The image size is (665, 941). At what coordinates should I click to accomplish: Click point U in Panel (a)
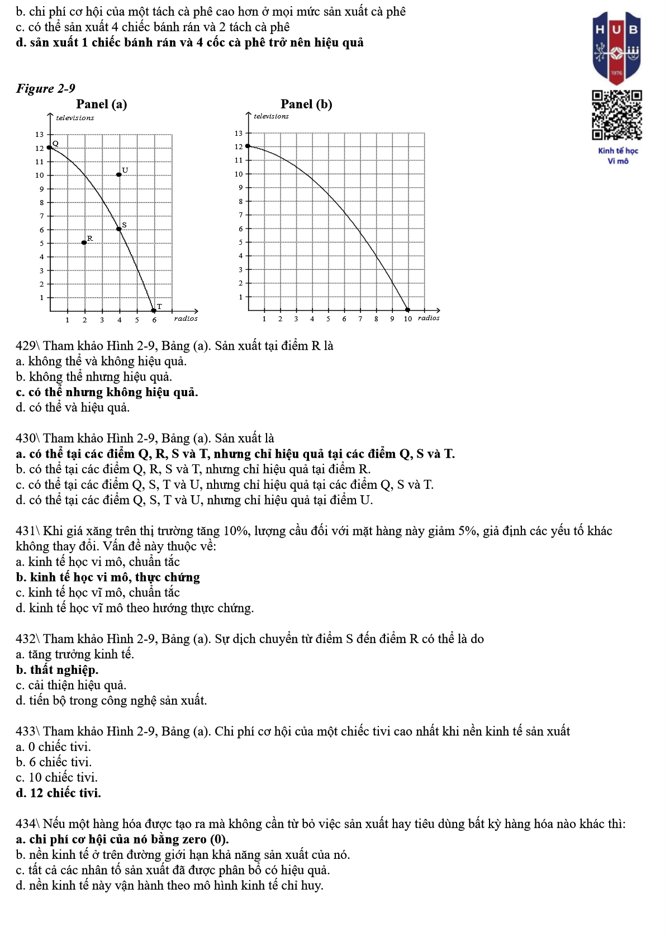(119, 175)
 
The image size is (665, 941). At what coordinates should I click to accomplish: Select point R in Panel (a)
(84, 243)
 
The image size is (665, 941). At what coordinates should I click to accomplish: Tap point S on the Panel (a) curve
(119, 229)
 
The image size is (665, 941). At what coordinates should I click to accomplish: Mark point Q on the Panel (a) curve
(50, 148)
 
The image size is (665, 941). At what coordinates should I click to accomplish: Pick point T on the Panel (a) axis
(154, 311)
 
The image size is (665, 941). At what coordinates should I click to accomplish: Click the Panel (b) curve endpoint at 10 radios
(407, 310)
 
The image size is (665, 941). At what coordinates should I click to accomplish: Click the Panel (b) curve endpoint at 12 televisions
(248, 146)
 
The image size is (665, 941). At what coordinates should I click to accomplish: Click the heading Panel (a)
(101, 104)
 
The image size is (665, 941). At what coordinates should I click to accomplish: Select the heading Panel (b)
(306, 104)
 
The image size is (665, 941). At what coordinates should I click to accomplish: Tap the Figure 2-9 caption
(45, 88)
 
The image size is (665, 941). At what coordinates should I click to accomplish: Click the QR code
(617, 115)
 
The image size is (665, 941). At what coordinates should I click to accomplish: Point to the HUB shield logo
(616, 48)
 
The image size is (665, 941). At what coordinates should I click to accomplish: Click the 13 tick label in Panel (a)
(39, 134)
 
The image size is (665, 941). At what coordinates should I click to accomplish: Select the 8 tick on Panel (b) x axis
(376, 319)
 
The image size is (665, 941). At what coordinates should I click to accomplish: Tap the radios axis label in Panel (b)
(429, 318)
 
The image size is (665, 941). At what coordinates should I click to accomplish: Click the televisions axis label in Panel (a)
(75, 117)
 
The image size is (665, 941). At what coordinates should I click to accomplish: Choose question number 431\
(28, 531)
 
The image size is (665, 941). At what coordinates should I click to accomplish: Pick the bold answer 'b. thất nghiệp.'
(57, 669)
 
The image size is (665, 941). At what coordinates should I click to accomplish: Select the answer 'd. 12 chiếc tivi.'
(59, 793)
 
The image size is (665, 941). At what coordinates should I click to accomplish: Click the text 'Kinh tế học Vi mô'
(617, 156)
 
